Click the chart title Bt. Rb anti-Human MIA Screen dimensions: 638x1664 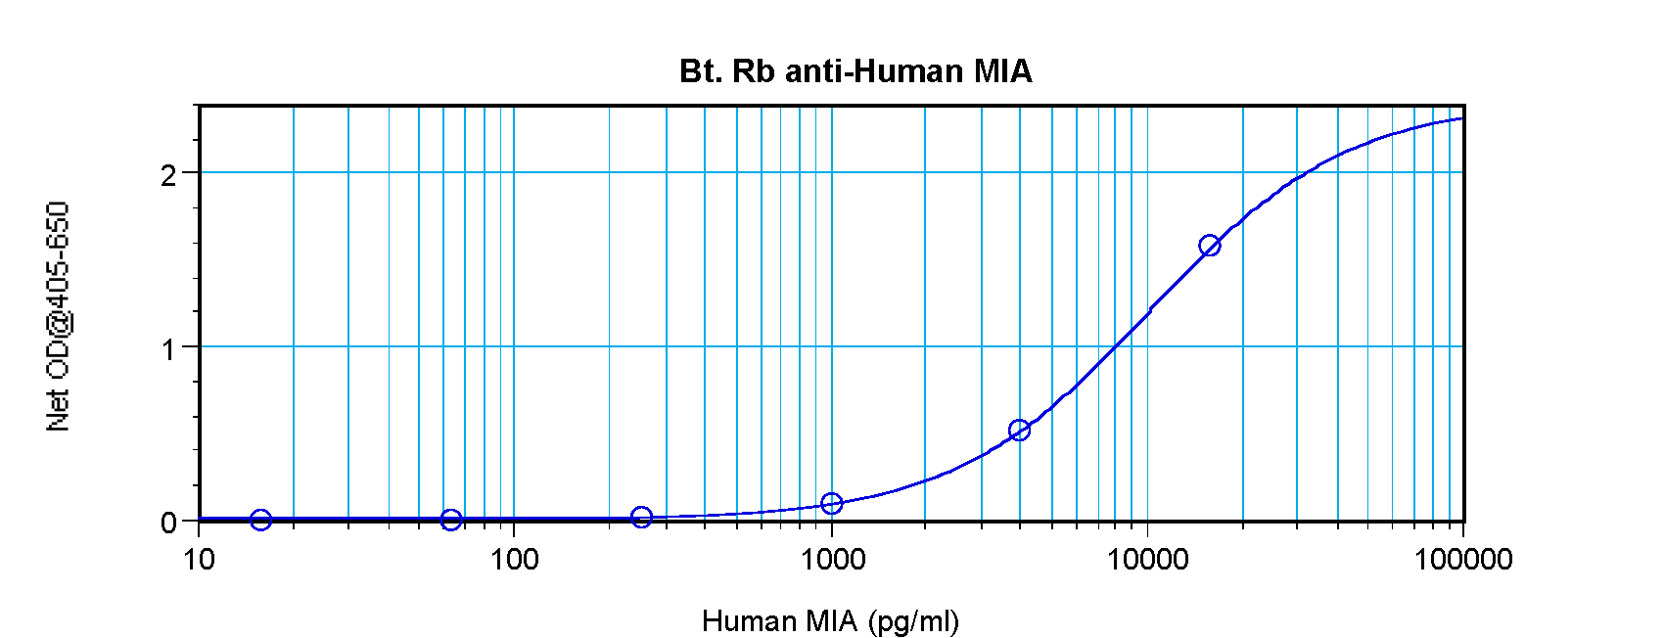855,71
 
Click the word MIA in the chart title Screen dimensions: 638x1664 1002,71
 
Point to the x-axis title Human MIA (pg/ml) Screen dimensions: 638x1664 830,621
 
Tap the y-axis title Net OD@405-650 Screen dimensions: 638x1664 58,316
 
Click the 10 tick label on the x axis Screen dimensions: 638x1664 199,560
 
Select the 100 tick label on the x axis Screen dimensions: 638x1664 514,560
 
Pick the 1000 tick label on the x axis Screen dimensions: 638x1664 832,560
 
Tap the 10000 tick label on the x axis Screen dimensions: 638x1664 1147,560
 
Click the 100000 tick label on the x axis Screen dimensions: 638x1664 1462,560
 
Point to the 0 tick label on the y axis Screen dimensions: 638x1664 169,523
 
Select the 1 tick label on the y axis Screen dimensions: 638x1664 169,348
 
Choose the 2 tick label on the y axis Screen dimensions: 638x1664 169,174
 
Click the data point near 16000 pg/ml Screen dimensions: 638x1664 1210,246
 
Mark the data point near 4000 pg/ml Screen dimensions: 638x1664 1019,430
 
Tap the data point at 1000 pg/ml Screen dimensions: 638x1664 832,503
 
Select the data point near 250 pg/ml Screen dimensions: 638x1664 641,517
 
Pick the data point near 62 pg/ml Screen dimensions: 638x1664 451,520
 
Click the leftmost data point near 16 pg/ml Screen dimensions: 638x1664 260,520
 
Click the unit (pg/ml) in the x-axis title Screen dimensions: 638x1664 912,621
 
